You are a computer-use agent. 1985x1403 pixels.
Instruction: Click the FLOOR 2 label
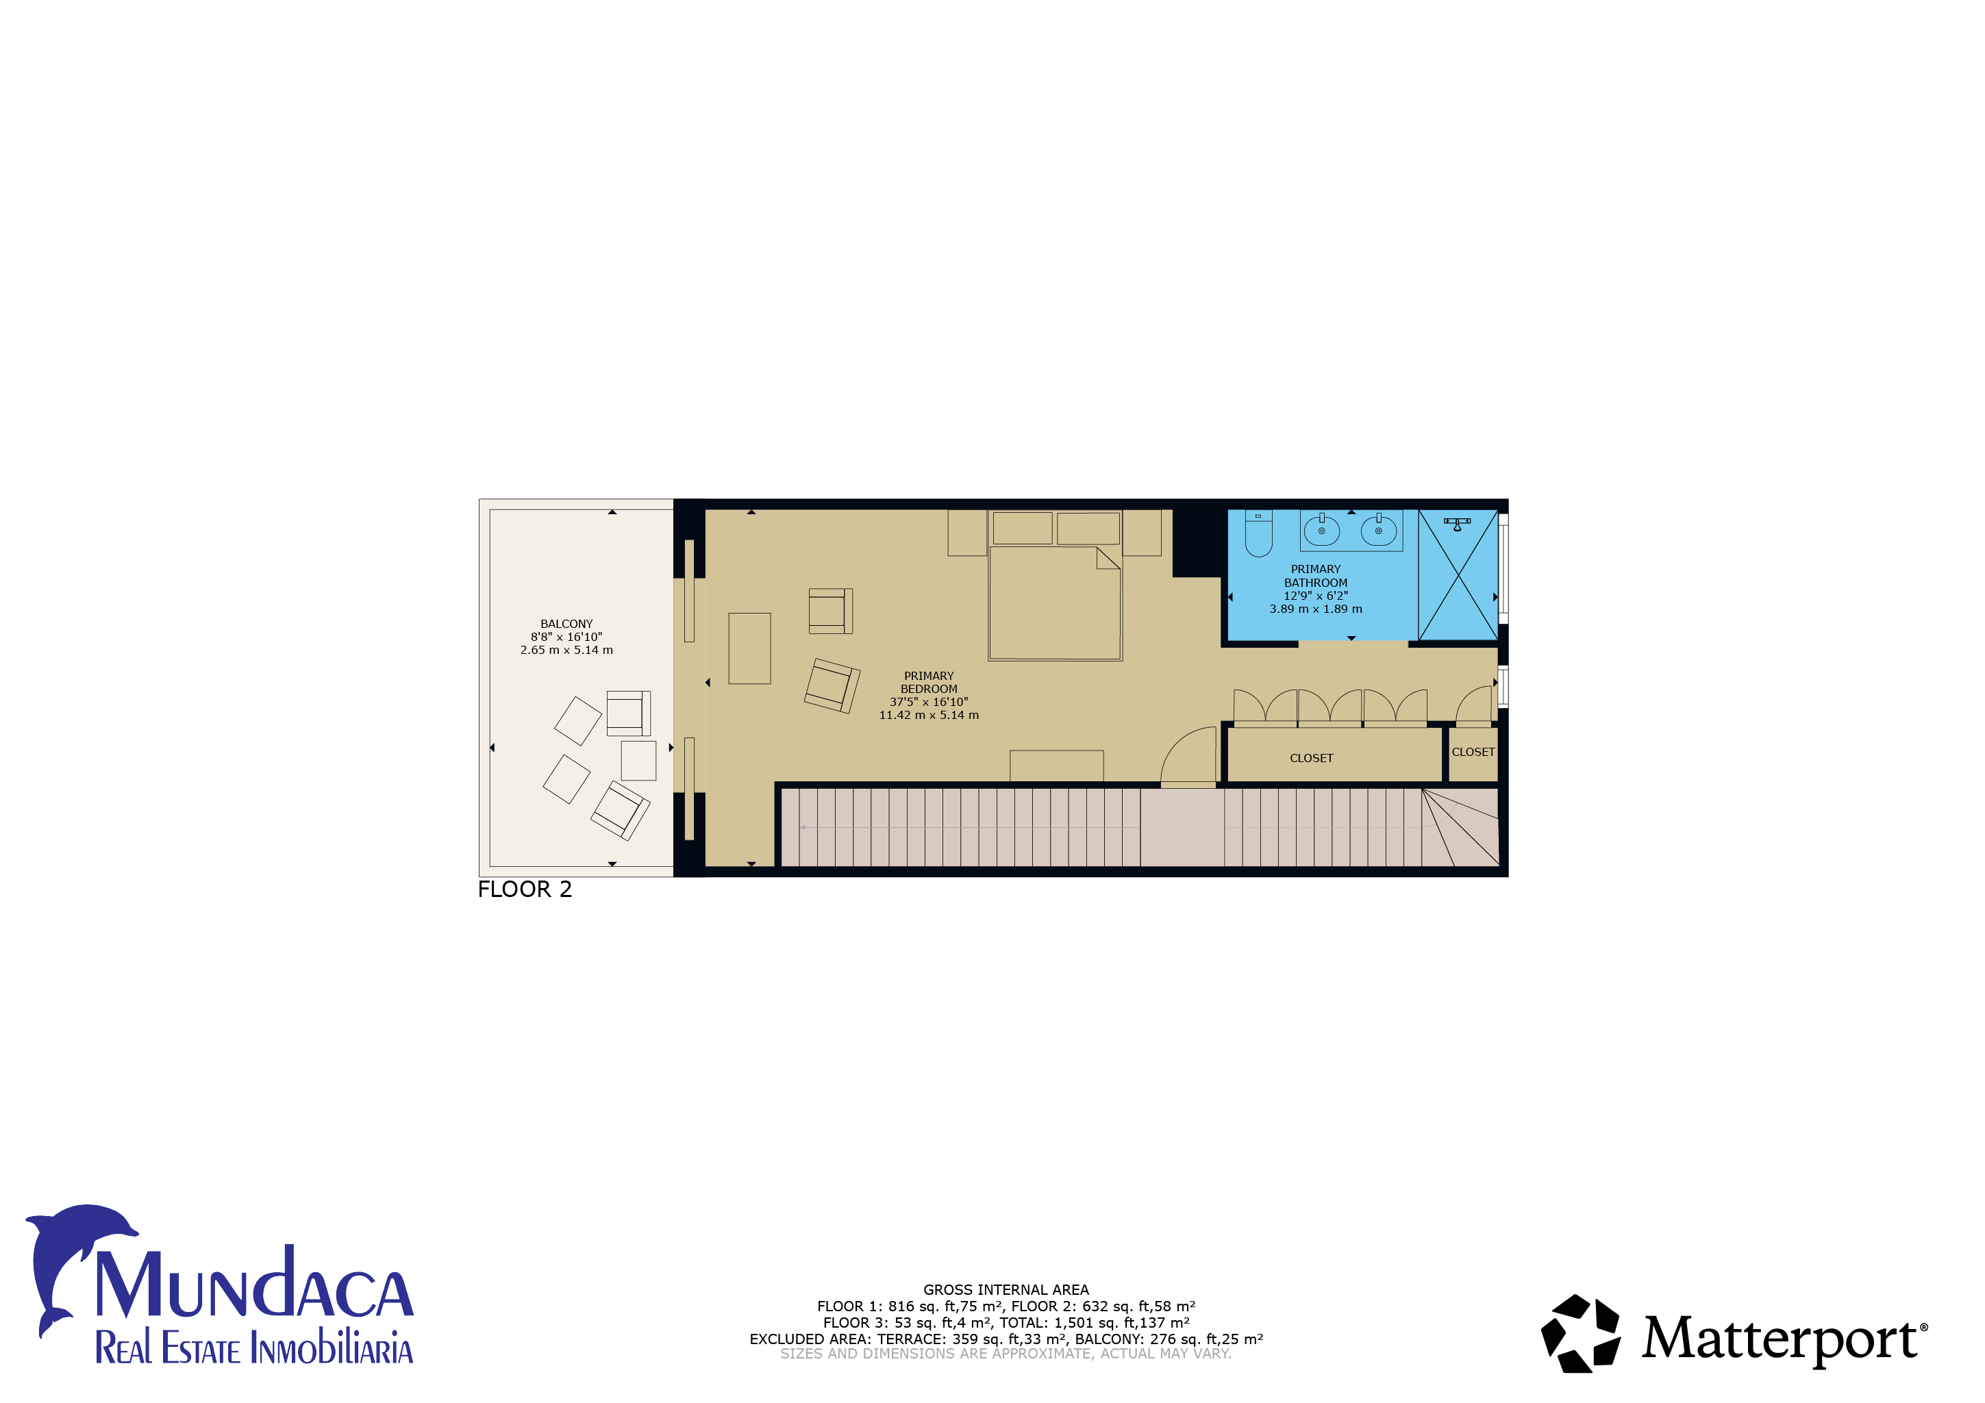(x=525, y=889)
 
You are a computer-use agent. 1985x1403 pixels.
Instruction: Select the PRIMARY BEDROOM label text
(x=929, y=683)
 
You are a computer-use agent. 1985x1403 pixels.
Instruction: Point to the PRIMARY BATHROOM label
(x=1315, y=576)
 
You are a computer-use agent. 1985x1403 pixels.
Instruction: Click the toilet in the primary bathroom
(x=1258, y=533)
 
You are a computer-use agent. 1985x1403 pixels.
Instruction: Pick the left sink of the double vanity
(x=1321, y=529)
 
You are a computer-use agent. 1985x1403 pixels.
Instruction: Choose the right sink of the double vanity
(x=1378, y=529)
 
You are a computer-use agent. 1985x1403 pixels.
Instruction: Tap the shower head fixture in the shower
(x=1457, y=524)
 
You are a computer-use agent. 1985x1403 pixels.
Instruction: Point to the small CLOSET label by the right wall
(x=1473, y=752)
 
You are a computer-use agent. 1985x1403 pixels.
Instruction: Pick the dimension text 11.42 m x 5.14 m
(x=929, y=715)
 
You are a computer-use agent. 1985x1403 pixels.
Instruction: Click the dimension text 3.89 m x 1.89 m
(x=1315, y=609)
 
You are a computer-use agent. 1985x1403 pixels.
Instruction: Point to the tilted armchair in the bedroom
(x=832, y=685)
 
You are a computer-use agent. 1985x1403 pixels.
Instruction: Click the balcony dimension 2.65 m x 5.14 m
(x=566, y=650)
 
